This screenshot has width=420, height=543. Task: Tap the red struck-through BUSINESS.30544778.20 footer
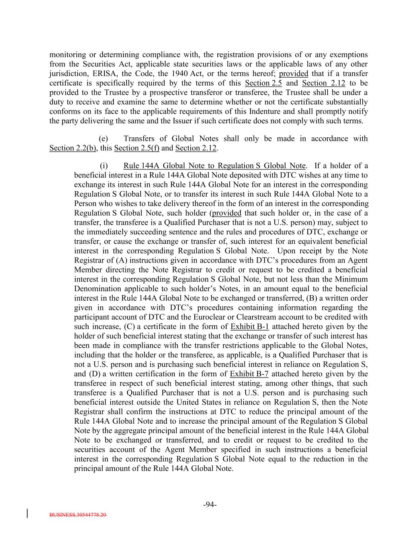78,515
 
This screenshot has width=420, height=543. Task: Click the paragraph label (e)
103,138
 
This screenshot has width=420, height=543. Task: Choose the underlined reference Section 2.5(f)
137,148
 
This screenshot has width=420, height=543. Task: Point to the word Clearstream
258,317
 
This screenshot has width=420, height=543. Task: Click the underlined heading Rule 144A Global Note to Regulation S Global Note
214,165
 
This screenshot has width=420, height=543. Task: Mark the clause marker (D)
94,374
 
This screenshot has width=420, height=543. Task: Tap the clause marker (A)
121,260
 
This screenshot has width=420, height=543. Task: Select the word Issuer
193,121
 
